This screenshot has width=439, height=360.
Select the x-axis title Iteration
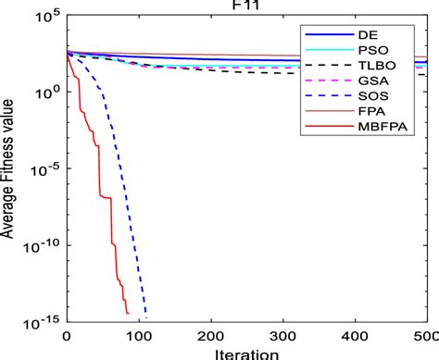(x=246, y=353)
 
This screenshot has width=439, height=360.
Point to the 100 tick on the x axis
(x=138, y=334)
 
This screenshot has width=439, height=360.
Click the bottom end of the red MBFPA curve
(x=128, y=314)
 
